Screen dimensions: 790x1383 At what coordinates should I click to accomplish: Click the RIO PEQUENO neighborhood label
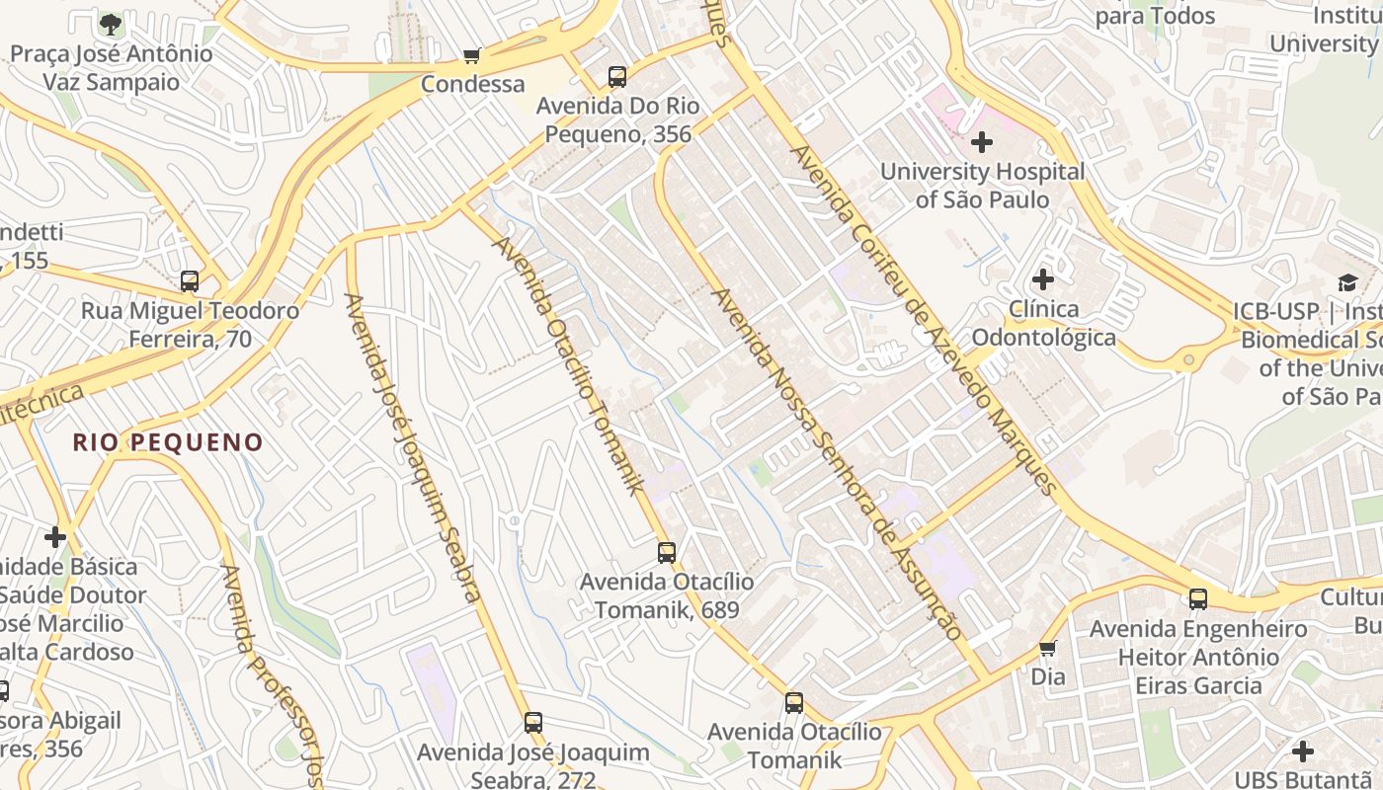coord(168,442)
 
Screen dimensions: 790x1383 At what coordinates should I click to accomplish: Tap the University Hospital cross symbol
coord(982,142)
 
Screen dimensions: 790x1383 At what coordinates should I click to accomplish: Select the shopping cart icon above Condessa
coord(472,56)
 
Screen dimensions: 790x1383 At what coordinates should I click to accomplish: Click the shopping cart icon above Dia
coord(1048,649)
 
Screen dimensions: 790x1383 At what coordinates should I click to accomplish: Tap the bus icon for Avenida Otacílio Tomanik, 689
coord(667,553)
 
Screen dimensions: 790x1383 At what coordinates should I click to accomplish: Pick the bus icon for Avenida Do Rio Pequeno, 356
coord(617,77)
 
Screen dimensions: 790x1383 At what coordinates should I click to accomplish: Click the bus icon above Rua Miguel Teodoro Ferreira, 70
coord(190,281)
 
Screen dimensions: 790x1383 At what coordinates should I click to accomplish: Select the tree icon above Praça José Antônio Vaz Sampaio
coord(112,24)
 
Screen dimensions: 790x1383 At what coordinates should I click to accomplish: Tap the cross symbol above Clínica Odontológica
coord(1043,279)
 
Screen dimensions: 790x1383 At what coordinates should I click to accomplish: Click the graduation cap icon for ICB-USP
coord(1347,283)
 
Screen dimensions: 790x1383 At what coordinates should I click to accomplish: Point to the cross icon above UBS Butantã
coord(1303,751)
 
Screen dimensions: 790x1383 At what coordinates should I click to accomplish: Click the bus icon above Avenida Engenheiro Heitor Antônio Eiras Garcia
coord(1198,598)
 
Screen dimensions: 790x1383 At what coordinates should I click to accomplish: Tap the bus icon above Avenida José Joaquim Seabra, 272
coord(533,723)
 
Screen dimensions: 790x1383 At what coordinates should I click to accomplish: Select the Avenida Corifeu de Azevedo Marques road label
coord(924,319)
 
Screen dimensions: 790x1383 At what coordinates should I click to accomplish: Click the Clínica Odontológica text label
coord(1043,323)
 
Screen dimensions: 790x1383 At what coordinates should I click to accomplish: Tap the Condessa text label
coord(472,85)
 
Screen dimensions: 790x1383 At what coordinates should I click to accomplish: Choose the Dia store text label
coord(1048,677)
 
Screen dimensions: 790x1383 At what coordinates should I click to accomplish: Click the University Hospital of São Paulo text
coord(982,186)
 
